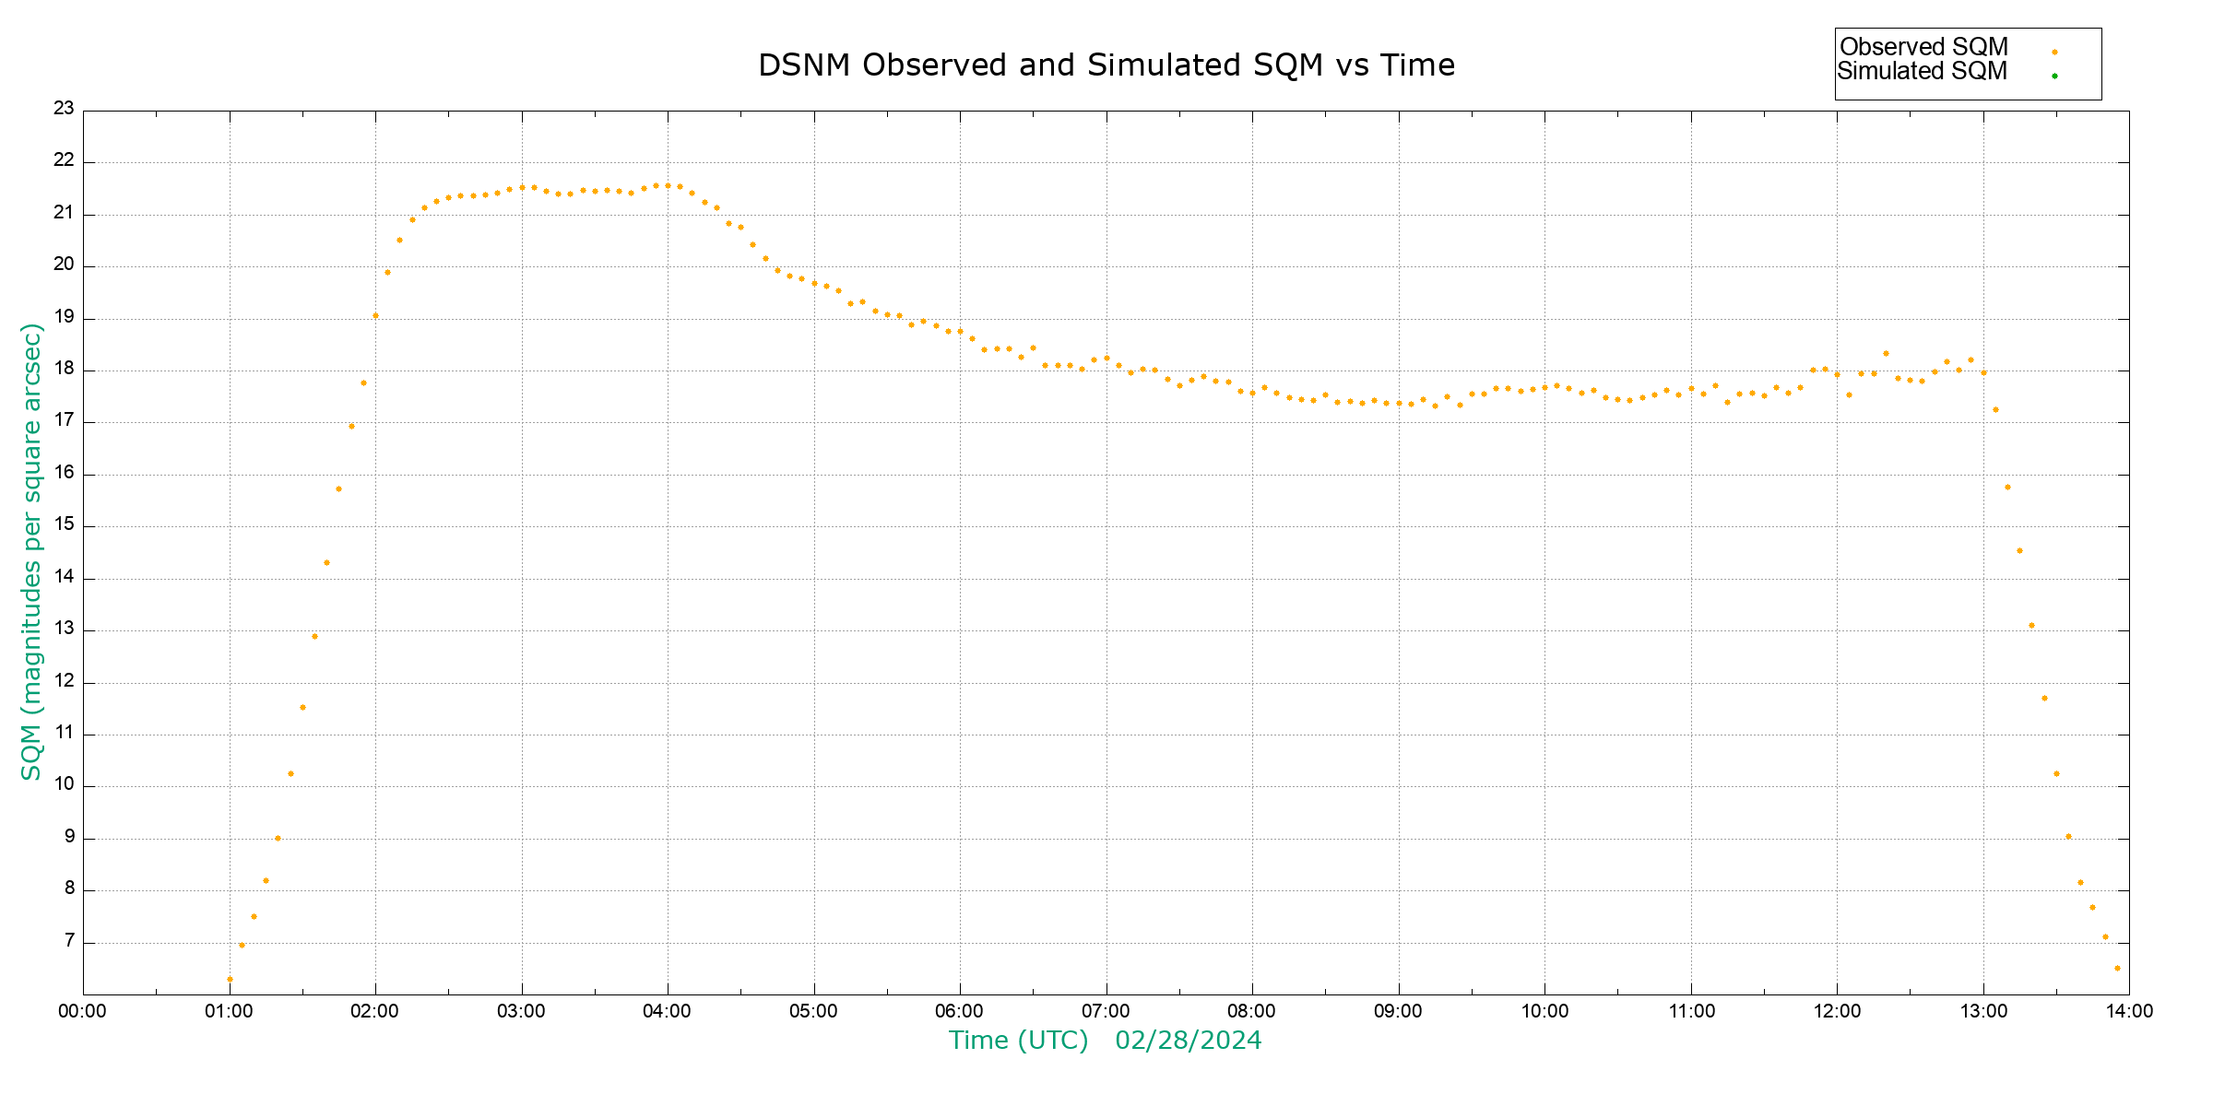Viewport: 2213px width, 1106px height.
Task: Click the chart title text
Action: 1106,65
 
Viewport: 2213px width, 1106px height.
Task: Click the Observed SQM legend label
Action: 1923,47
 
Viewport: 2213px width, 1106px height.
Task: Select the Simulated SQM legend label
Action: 1923,71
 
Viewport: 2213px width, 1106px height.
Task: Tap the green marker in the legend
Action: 2054,76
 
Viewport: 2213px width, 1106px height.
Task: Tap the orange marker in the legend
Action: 2054,52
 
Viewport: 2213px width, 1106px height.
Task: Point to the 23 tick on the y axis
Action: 64,109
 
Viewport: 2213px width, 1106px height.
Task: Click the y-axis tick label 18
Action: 64,369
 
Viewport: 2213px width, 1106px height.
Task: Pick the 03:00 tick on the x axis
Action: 522,1011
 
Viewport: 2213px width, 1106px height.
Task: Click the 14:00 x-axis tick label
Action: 2129,1011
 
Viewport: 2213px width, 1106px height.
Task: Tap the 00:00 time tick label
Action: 83,1011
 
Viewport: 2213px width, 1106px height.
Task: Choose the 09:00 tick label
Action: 1398,1011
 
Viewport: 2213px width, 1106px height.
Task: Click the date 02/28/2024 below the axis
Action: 1188,1041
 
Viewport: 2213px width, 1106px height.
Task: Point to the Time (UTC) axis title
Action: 1018,1041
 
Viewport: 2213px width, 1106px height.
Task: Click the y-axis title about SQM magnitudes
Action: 32,551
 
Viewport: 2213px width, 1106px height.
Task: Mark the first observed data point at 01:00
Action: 230,979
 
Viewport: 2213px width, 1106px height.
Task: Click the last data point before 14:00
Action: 2117,968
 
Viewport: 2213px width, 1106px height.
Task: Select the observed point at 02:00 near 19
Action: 375,316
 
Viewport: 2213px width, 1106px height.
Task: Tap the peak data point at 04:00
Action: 668,185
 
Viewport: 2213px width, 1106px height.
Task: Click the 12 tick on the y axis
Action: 64,681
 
